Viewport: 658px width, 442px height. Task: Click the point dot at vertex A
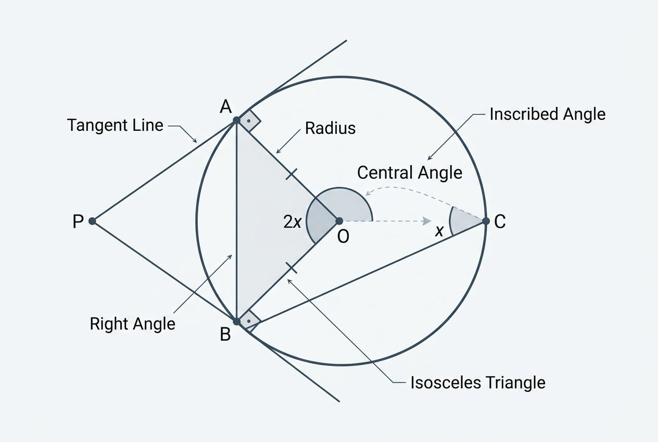tap(236, 120)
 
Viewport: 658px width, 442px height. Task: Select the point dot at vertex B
tap(236, 322)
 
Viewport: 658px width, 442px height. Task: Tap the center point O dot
tap(339, 221)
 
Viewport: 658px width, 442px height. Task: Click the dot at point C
tap(486, 221)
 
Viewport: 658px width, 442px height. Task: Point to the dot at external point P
tap(92, 221)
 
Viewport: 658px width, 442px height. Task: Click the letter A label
tap(225, 106)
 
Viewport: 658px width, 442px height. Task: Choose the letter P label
tap(78, 221)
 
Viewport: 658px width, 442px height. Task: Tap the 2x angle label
tap(292, 222)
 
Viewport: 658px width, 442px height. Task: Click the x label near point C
tap(439, 231)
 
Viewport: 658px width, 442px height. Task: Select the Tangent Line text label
tap(115, 125)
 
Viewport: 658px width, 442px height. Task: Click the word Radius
tap(330, 128)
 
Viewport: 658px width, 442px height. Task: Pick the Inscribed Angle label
tap(548, 115)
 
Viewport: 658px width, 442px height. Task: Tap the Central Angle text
tap(410, 173)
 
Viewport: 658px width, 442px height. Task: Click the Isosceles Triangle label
tap(478, 383)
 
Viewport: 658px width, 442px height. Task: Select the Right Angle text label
tap(132, 324)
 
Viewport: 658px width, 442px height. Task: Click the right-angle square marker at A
tap(249, 120)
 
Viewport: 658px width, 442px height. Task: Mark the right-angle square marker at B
tap(249, 322)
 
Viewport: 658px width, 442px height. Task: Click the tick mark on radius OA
tap(291, 174)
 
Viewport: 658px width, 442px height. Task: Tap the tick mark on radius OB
tap(292, 268)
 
